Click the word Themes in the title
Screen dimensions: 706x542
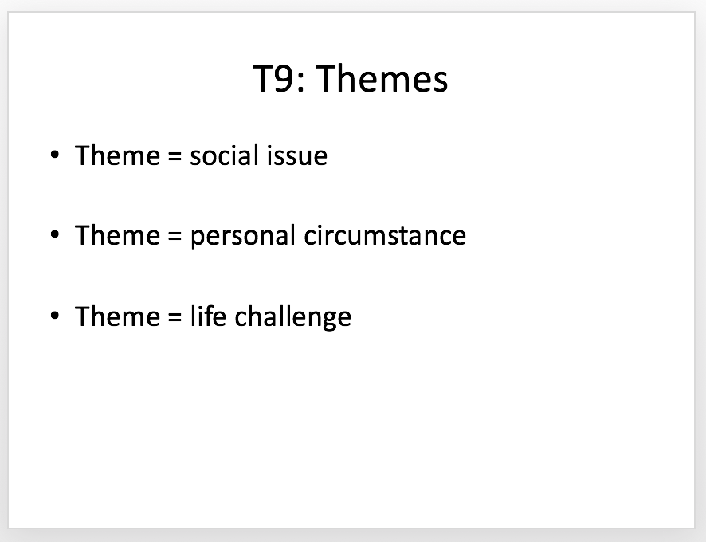pos(382,78)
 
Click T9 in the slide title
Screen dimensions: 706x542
pos(273,78)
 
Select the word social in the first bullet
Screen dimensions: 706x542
pos(224,155)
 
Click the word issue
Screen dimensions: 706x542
pos(296,155)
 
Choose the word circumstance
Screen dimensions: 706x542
pos(385,235)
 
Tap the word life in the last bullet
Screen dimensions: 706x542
pos(207,316)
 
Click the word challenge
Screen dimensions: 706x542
pos(292,316)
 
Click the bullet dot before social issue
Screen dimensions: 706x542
pos(55,155)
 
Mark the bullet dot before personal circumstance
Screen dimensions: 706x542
pos(55,234)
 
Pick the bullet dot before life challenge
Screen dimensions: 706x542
pos(55,315)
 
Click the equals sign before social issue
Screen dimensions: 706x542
pos(175,156)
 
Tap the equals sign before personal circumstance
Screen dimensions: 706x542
pos(175,236)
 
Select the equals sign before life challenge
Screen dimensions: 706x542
pos(175,316)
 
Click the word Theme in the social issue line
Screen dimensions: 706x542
pos(117,155)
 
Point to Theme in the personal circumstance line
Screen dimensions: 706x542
pos(117,235)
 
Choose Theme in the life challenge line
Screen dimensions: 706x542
pos(117,316)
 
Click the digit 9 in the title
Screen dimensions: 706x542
pos(284,78)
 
